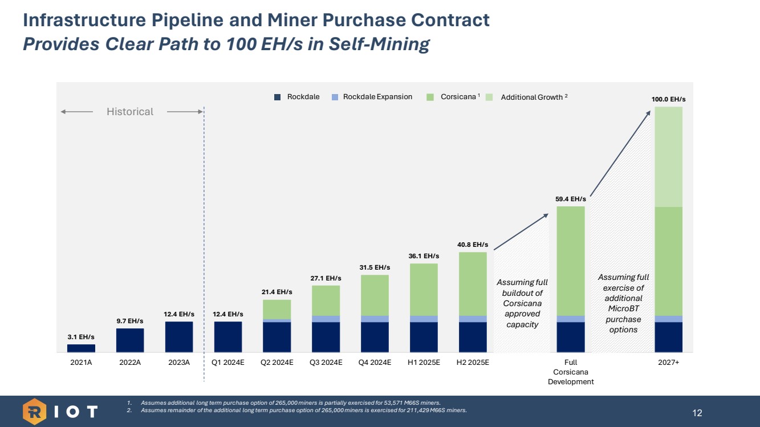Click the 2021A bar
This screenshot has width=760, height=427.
tap(81, 348)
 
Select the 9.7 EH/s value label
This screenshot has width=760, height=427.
tap(130, 321)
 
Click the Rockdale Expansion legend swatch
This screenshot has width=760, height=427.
tap(335, 97)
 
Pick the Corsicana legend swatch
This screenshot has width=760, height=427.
tap(431, 97)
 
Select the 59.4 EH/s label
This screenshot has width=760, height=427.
tap(571, 200)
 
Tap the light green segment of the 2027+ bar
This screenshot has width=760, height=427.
tap(668, 157)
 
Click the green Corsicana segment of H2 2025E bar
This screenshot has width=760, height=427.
tap(473, 284)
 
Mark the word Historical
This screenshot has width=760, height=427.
tap(130, 112)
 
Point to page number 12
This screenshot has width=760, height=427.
tap(697, 412)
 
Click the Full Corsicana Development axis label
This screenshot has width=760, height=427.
tap(571, 372)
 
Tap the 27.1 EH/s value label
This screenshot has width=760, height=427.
tap(326, 278)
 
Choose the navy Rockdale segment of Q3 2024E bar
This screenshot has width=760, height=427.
tap(326, 337)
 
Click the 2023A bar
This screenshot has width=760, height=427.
tap(179, 336)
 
